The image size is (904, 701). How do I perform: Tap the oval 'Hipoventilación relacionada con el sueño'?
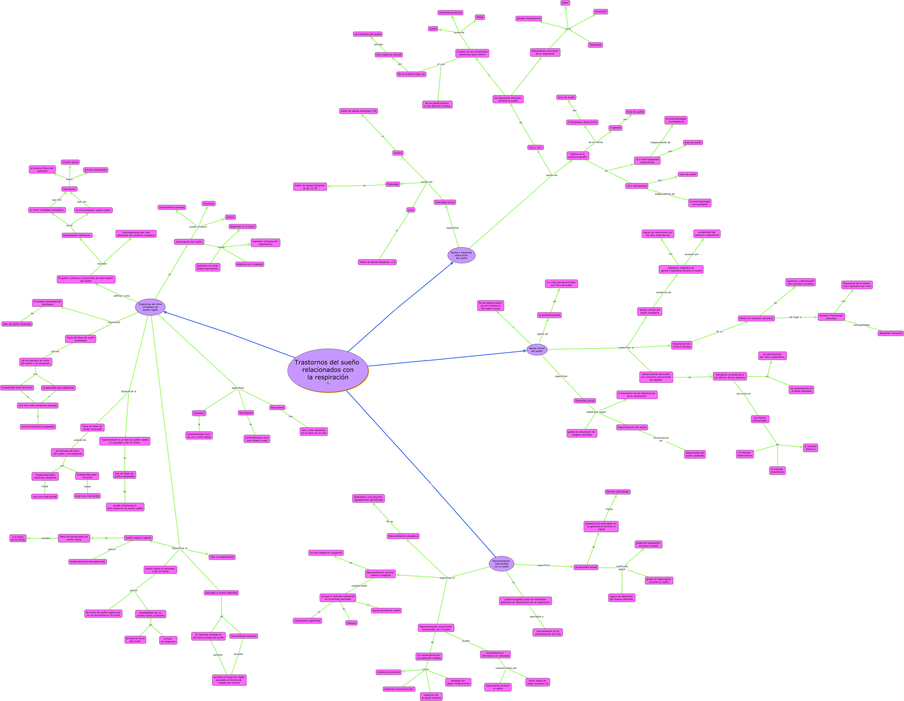pos(501,564)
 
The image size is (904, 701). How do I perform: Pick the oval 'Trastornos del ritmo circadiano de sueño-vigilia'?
pos(150,307)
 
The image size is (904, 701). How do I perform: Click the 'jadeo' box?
pos(565,3)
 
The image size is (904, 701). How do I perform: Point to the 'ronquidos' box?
pos(600,12)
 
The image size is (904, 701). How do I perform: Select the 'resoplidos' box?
pos(595,45)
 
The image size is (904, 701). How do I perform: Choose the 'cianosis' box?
pos(351,623)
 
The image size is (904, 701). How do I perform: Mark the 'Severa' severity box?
pos(398,153)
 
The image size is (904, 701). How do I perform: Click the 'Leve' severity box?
pos(411,210)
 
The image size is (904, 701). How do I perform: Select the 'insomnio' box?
pos(209,204)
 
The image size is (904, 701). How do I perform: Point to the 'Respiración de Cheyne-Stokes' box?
pos(681,345)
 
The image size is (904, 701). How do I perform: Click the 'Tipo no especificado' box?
pos(222,557)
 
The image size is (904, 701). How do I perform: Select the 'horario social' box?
pos(70,162)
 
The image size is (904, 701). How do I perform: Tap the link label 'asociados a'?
pos(536,617)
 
